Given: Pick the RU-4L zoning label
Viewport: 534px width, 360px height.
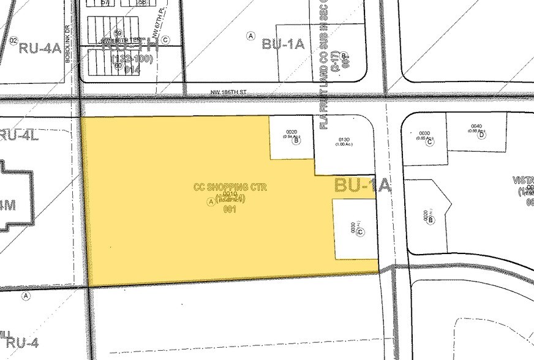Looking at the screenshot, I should coord(18,136).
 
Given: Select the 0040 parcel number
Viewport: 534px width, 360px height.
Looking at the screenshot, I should coord(476,126).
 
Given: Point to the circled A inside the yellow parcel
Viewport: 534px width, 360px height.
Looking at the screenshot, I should coord(211,201).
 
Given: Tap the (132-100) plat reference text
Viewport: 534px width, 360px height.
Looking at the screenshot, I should coord(132,60).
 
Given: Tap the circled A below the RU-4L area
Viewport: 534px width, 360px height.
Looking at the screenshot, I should coord(25,296).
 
